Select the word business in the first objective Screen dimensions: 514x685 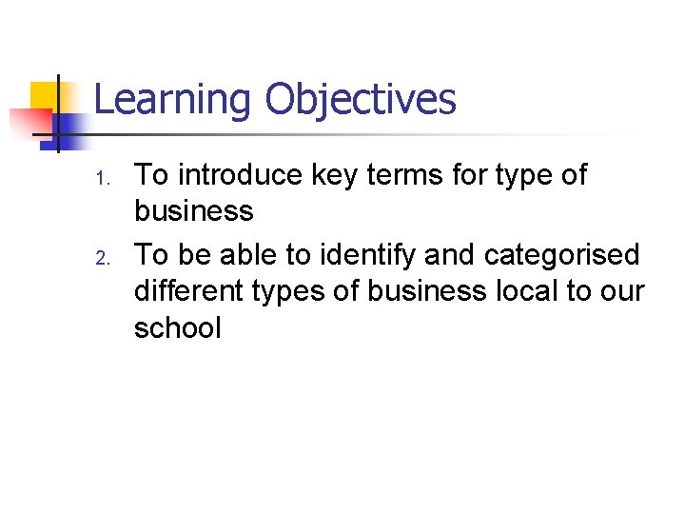coord(193,211)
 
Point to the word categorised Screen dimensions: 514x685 coord(562,255)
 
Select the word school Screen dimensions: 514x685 coord(177,328)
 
